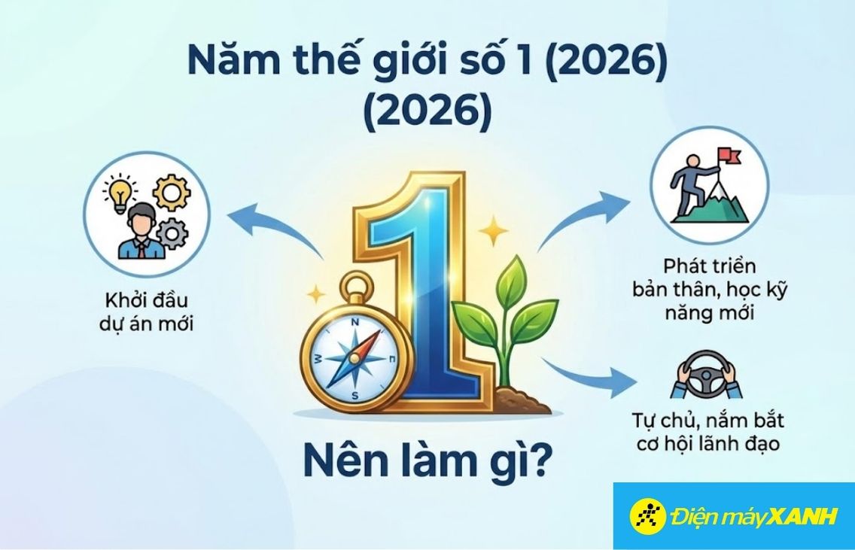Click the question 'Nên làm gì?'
click(x=425, y=457)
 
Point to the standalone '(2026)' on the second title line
click(x=427, y=113)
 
